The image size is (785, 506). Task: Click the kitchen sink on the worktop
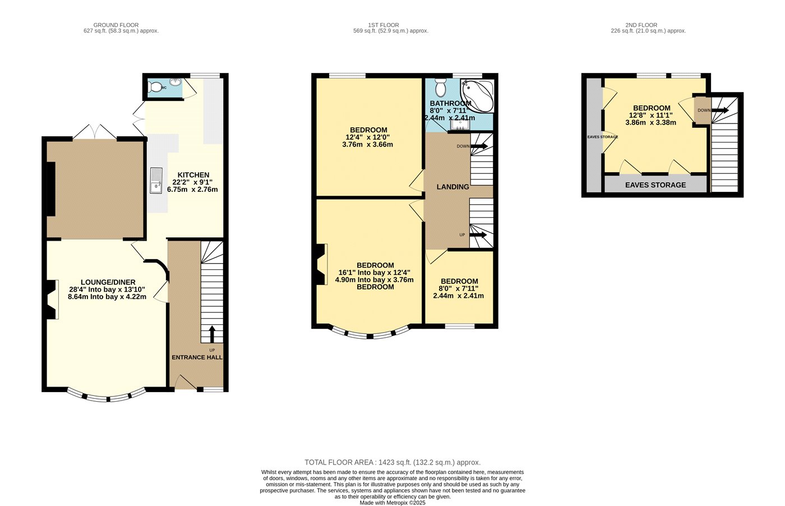pyautogui.click(x=156, y=181)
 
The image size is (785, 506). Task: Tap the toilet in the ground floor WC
pyautogui.click(x=154, y=87)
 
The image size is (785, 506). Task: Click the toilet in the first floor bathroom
pyautogui.click(x=440, y=88)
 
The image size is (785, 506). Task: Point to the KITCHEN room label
pyautogui.click(x=193, y=175)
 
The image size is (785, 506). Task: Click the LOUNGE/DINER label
pyautogui.click(x=108, y=282)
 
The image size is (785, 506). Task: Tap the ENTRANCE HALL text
pyautogui.click(x=197, y=357)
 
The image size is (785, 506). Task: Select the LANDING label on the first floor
pyautogui.click(x=453, y=187)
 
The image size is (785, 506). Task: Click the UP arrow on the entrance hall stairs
pyautogui.click(x=212, y=334)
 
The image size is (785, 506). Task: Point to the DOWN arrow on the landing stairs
pyautogui.click(x=479, y=146)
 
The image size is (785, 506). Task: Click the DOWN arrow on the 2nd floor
pyautogui.click(x=720, y=110)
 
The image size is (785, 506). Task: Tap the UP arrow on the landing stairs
pyautogui.click(x=478, y=234)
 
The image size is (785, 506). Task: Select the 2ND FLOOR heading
pyautogui.click(x=641, y=25)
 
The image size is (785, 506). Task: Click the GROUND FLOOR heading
pyautogui.click(x=116, y=25)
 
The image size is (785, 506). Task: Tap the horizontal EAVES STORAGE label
pyautogui.click(x=655, y=185)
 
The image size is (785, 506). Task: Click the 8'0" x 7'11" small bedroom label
pyautogui.click(x=459, y=288)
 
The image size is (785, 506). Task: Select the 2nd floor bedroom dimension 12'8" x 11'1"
pyautogui.click(x=651, y=116)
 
